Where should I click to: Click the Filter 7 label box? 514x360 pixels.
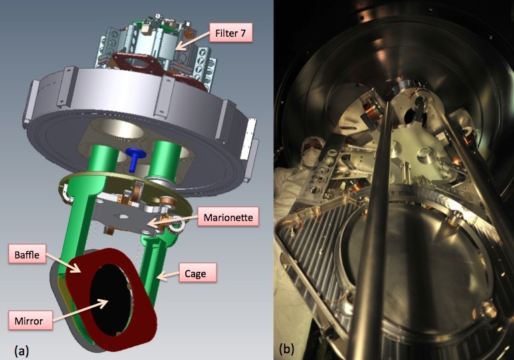coord(231,33)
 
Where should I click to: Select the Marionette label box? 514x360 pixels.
coord(228,217)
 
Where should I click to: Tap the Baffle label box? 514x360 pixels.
coord(27,254)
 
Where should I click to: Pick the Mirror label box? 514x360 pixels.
coord(29,321)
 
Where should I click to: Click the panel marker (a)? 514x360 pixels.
coord(21,351)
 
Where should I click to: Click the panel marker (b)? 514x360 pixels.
coord(287,349)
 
